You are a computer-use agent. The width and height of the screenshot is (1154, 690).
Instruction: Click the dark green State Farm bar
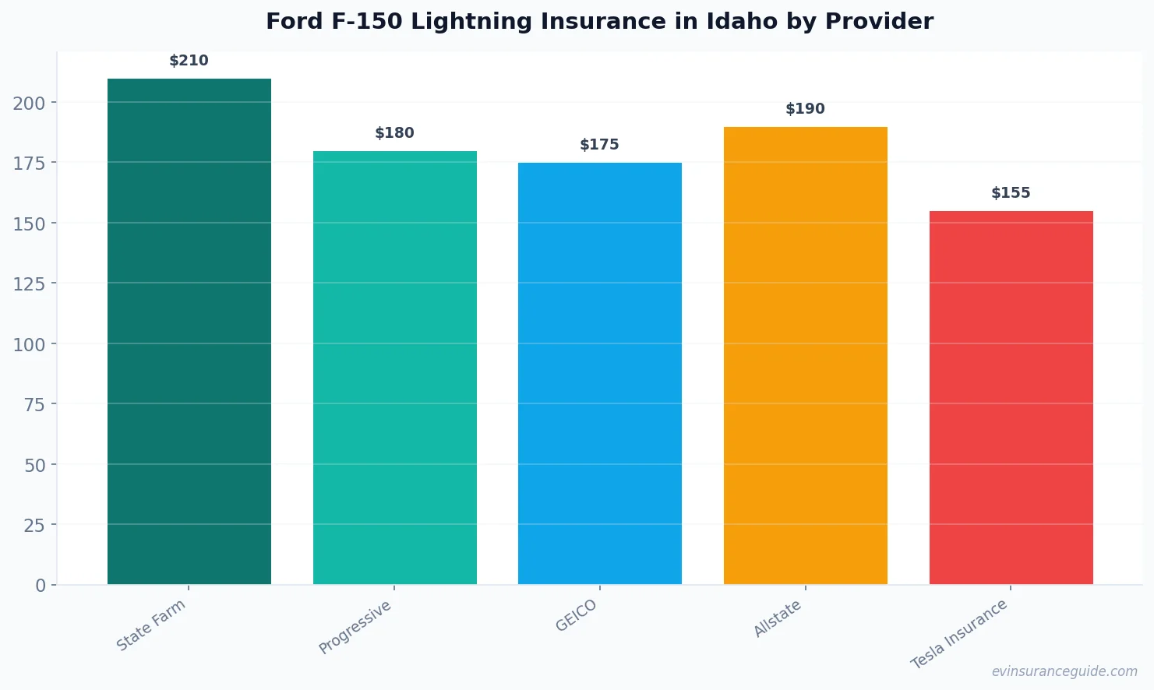click(189, 331)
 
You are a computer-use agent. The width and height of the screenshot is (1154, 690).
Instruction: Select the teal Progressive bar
click(394, 368)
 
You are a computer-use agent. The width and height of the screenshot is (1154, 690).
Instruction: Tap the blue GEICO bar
click(599, 373)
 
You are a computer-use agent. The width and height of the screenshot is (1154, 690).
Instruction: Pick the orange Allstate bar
click(805, 355)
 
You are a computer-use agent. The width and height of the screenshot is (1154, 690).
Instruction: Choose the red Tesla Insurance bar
click(1011, 397)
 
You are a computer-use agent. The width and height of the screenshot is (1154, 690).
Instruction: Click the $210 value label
click(189, 61)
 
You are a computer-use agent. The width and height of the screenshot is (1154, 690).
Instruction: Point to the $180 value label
click(394, 133)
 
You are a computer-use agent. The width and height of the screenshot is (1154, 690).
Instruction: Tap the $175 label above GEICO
click(599, 145)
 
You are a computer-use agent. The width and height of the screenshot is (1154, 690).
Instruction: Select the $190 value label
click(805, 109)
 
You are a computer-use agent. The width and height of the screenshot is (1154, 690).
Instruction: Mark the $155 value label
click(1011, 193)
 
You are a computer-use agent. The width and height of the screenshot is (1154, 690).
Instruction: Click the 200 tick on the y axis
click(29, 104)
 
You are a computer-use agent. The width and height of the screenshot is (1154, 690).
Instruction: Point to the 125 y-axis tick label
click(29, 284)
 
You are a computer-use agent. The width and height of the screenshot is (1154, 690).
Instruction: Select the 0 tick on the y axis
click(41, 586)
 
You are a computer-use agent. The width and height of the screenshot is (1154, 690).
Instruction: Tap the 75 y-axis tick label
click(34, 405)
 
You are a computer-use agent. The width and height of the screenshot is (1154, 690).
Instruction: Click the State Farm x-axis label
click(151, 625)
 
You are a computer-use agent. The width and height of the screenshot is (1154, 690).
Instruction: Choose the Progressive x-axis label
click(355, 628)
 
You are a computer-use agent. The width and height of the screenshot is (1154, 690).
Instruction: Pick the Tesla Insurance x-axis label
click(959, 634)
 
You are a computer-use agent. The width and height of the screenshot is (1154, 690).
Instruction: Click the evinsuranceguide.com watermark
click(1064, 671)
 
